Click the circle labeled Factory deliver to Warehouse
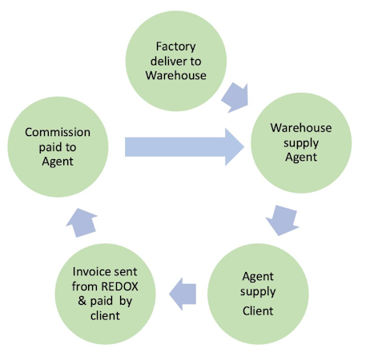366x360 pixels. [176, 61]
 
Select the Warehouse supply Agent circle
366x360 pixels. [301, 142]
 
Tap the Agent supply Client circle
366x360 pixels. [258, 294]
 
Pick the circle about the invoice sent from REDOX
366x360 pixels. [105, 294]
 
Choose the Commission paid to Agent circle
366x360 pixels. [58, 146]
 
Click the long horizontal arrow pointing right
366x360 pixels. [184, 146]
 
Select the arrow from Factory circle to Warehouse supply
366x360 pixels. [235, 98]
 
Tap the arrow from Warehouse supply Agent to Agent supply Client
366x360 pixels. [283, 220]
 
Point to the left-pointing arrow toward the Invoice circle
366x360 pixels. [183, 294]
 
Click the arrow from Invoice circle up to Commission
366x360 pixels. [82, 222]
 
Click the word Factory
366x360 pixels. [176, 46]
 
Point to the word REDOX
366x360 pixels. [120, 286]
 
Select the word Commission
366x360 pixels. [58, 132]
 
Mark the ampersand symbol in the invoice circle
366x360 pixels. [82, 301]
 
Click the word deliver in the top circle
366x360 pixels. [168, 61]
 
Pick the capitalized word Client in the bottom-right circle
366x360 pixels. [258, 311]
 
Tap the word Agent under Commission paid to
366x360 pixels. [58, 162]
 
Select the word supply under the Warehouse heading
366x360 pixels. [301, 143]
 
